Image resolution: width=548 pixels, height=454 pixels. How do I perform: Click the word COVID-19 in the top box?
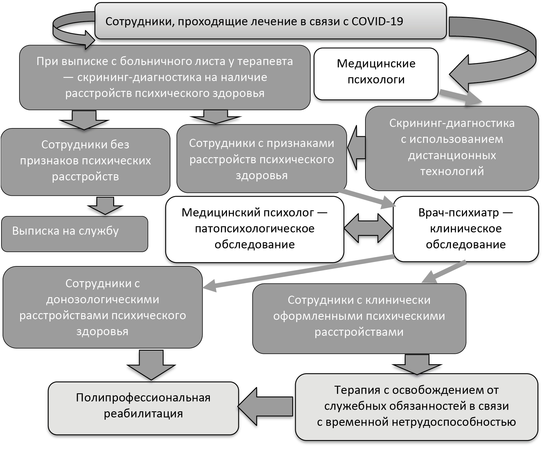click(x=377, y=21)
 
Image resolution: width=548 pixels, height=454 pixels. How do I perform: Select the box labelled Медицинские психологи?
click(x=376, y=74)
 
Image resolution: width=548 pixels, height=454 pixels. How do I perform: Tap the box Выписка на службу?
click(x=75, y=234)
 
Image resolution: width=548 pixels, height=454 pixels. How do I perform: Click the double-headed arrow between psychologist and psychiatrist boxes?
click(x=368, y=228)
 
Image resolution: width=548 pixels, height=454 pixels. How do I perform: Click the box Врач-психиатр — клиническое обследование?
click(x=466, y=229)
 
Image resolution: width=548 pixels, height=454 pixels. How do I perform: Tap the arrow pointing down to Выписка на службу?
click(x=105, y=206)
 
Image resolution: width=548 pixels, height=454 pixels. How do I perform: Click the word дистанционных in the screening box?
click(x=452, y=155)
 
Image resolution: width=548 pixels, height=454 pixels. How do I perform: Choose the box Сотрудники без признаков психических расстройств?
click(x=85, y=162)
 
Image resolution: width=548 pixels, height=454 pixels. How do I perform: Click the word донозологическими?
click(x=102, y=299)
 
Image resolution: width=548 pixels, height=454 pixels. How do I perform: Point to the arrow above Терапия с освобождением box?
click(x=417, y=364)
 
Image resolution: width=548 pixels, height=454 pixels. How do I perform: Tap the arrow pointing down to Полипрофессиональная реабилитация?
click(x=151, y=365)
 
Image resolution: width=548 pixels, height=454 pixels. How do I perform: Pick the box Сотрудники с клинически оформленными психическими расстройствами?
click(x=359, y=319)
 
